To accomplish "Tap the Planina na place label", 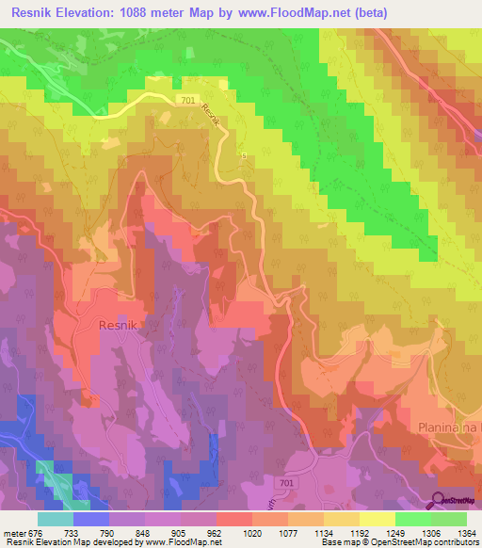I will [x=448, y=427].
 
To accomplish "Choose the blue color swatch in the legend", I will [x=90, y=519].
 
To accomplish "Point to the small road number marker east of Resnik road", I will [x=243, y=156].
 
